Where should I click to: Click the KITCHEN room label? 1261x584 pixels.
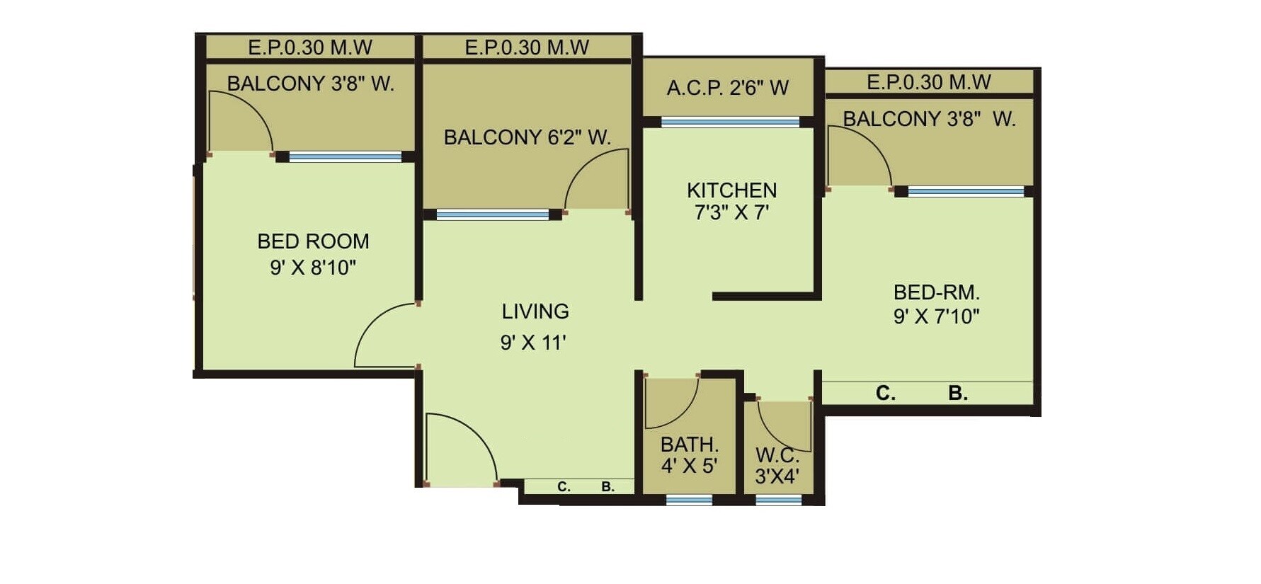point(731,190)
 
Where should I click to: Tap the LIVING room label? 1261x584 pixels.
point(535,311)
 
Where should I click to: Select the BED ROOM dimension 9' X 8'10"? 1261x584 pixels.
point(313,268)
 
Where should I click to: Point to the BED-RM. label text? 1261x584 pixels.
point(936,292)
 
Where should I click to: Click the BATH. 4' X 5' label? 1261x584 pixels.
point(689,455)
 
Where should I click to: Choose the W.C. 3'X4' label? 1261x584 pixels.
point(777,466)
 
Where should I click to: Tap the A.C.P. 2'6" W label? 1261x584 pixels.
point(727,88)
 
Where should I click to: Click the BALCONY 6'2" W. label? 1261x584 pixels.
point(527,137)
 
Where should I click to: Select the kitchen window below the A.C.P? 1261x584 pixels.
point(730,122)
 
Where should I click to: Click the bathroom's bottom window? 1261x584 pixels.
point(689,500)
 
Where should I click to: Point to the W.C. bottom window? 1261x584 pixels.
point(778,500)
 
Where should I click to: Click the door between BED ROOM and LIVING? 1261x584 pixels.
point(386,336)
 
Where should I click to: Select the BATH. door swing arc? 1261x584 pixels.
point(673,403)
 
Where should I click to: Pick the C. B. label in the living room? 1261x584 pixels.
point(585,487)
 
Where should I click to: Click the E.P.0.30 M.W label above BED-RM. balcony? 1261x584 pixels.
point(928,82)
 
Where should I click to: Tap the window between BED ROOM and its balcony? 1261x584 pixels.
point(345,157)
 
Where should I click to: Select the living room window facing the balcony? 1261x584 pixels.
point(492,214)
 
